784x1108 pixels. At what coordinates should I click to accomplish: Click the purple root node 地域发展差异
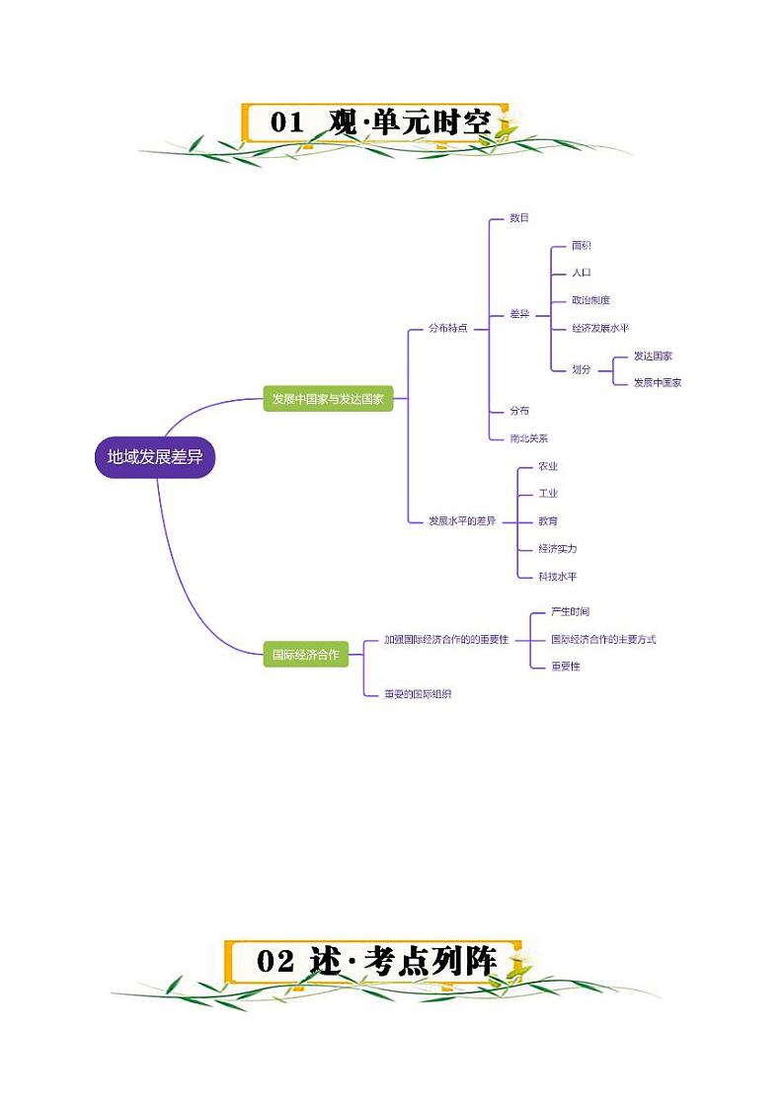[x=155, y=457]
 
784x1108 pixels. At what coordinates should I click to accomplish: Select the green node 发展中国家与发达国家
[x=328, y=400]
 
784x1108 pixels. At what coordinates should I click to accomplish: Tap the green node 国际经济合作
[x=305, y=654]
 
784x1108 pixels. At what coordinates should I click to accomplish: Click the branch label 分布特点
[x=447, y=328]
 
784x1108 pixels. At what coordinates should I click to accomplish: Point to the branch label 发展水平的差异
[x=462, y=520]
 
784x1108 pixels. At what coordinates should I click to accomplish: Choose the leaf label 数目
[x=518, y=217]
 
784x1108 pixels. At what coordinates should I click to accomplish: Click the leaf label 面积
[x=582, y=245]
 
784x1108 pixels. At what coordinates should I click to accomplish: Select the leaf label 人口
[x=582, y=273]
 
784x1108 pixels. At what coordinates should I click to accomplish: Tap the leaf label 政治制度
[x=590, y=300]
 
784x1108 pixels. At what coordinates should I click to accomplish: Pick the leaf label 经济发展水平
[x=599, y=328]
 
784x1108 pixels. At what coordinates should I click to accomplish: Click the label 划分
[x=582, y=368]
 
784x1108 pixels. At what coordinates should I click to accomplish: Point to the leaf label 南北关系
[x=528, y=437]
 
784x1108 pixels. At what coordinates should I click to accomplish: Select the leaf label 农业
[x=548, y=466]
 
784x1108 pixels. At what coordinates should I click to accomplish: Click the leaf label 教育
[x=548, y=520]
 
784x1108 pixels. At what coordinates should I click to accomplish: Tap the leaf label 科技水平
[x=557, y=576]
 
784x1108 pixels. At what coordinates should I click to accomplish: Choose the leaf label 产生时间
[x=570, y=612]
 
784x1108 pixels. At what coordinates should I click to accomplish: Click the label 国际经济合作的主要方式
[x=602, y=639]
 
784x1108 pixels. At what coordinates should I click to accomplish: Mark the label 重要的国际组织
[x=418, y=694]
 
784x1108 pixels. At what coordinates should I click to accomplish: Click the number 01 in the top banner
[x=286, y=123]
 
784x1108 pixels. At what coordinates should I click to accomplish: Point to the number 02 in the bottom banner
[x=275, y=962]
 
